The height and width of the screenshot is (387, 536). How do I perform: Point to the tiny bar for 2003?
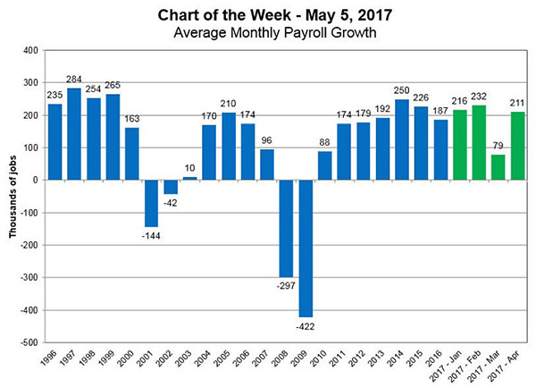tap(190, 178)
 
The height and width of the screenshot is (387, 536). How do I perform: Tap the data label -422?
tap(306, 324)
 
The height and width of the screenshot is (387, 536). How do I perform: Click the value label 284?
tap(74, 81)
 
